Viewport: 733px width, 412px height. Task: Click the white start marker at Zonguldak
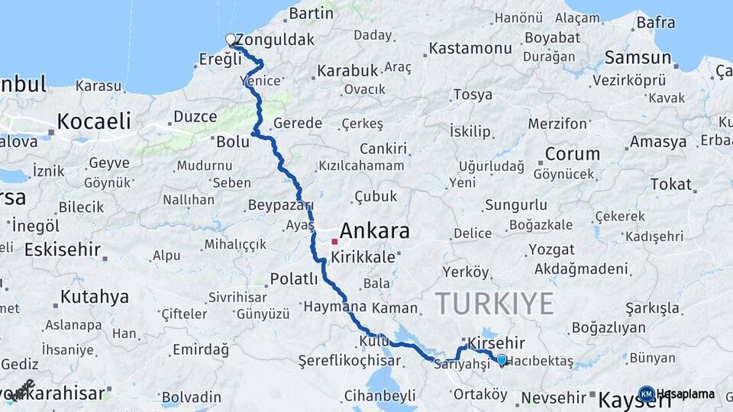(231, 39)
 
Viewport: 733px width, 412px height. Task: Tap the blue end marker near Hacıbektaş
(501, 359)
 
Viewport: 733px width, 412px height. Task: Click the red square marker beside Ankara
(334, 241)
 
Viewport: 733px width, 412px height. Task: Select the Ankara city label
(374, 230)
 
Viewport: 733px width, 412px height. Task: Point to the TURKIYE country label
(495, 304)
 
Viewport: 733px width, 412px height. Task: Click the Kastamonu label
(470, 48)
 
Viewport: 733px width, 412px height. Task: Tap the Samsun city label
(638, 57)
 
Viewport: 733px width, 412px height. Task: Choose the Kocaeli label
(94, 121)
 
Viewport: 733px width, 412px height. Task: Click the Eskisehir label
(63, 249)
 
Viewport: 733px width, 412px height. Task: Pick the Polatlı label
(294, 279)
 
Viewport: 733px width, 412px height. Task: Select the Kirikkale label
(363, 257)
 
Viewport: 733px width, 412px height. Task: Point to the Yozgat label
(551, 249)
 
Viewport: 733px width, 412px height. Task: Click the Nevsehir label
(553, 398)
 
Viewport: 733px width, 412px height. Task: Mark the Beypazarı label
(281, 205)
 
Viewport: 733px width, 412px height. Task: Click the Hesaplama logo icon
(647, 394)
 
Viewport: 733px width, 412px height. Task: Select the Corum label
(572, 153)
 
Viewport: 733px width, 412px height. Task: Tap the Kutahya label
(95, 297)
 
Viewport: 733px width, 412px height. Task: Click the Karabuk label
(347, 70)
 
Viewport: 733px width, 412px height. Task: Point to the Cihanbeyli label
(380, 395)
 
